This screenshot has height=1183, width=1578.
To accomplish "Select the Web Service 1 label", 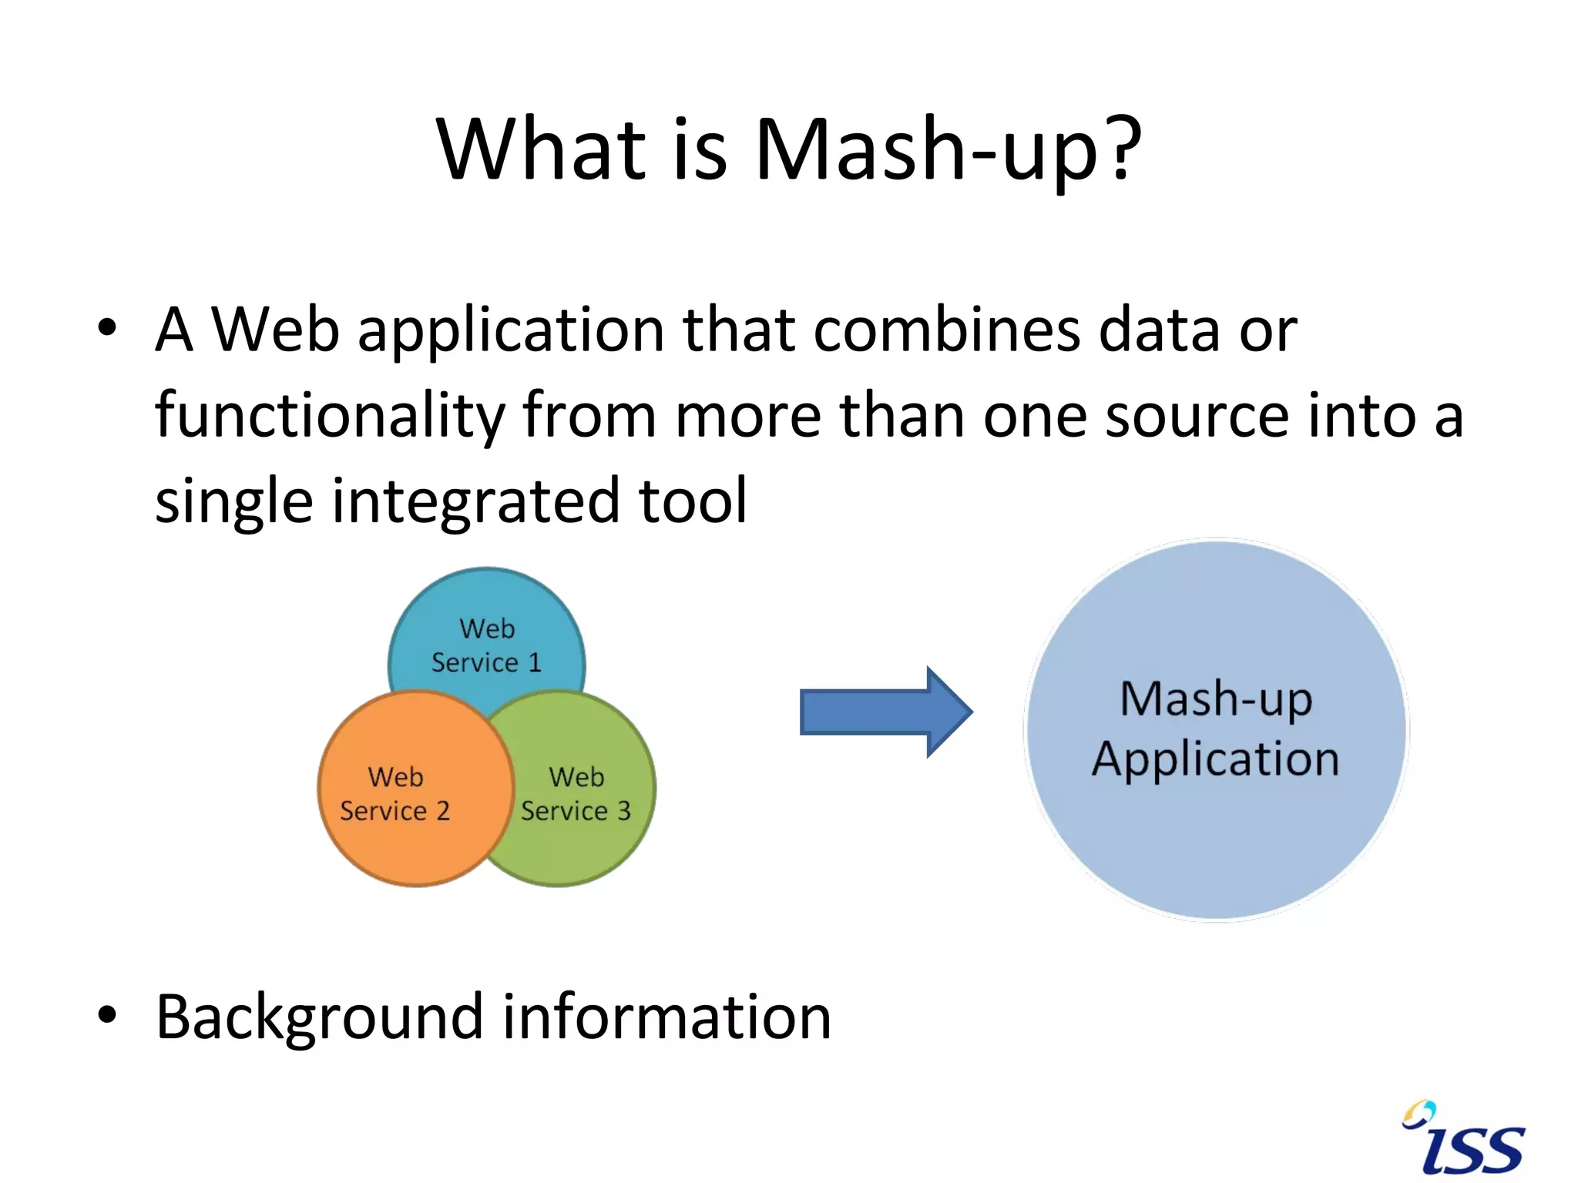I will pos(486,645).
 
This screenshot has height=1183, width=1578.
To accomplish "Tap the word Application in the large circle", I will pos(1215,759).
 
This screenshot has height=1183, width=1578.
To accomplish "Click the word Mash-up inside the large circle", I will pos(1215,700).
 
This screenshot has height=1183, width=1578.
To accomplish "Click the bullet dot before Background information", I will pos(107,1015).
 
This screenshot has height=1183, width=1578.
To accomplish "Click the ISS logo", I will pos(1463,1141).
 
